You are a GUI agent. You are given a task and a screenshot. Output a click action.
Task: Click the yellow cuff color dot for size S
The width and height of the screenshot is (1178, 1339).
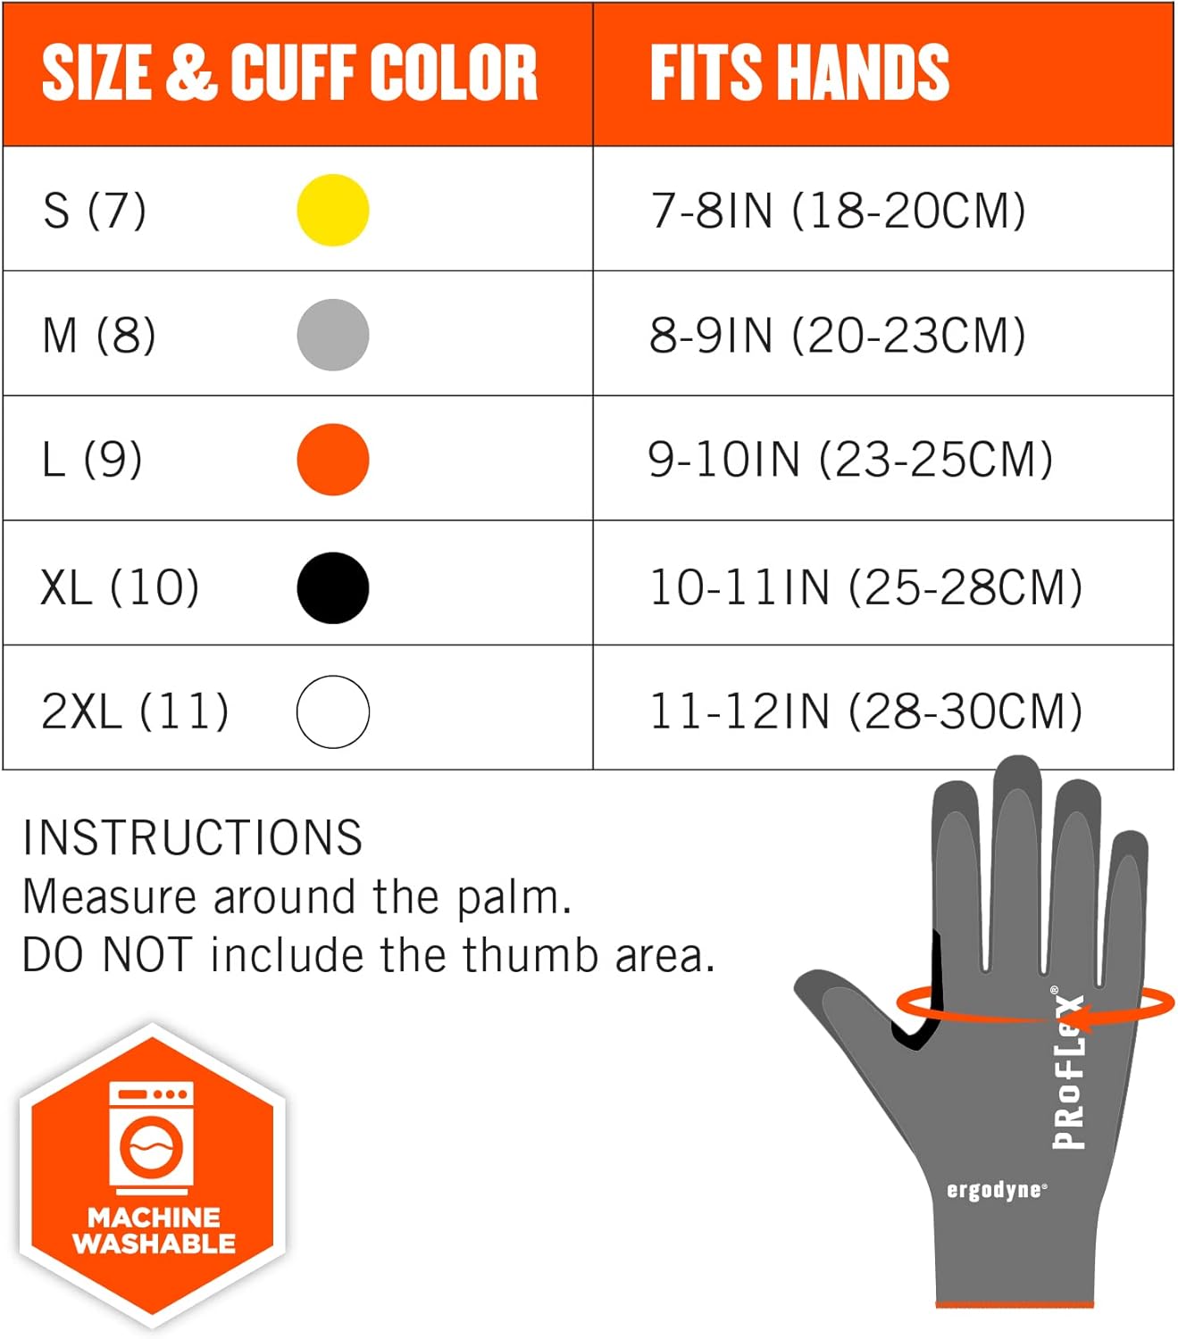coord(332,210)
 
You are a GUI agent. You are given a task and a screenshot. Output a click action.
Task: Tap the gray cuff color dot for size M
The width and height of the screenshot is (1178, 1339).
coord(332,335)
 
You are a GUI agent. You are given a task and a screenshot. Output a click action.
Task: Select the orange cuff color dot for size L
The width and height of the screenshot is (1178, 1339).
coord(332,460)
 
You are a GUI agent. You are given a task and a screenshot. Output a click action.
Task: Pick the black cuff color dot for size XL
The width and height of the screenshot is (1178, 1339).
coord(332,587)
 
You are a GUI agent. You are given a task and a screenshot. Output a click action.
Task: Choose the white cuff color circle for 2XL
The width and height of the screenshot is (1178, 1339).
coord(332,711)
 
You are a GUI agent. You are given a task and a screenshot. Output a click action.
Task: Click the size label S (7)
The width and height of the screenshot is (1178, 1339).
coord(94,211)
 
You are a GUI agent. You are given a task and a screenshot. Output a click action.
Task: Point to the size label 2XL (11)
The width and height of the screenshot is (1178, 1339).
coord(135,711)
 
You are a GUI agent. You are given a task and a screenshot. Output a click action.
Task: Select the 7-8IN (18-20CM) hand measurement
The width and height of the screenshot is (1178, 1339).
coord(838,211)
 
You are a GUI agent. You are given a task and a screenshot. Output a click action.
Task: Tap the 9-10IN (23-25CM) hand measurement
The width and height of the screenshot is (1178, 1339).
coord(850,460)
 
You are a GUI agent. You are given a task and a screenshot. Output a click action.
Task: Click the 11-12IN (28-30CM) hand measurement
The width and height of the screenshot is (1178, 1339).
coord(865,711)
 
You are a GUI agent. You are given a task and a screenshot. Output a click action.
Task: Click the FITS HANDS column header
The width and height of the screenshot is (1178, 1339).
coord(799,72)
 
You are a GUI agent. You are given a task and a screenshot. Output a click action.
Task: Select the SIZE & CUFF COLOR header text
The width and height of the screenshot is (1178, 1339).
coord(289,72)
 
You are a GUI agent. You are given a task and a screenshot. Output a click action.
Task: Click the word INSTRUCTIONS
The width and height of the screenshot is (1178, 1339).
coord(192,837)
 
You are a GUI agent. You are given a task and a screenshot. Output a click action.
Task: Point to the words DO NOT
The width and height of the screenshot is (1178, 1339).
coord(107,955)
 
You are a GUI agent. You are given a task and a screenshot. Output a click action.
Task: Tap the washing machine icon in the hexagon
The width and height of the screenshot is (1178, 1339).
coord(152,1137)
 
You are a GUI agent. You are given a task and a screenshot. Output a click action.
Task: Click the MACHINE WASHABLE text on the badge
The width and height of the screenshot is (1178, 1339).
coord(154,1230)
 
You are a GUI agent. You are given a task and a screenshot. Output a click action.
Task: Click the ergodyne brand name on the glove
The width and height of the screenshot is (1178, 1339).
coord(996,1190)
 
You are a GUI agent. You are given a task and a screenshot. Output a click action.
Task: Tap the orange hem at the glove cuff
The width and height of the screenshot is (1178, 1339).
coord(1015,1305)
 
